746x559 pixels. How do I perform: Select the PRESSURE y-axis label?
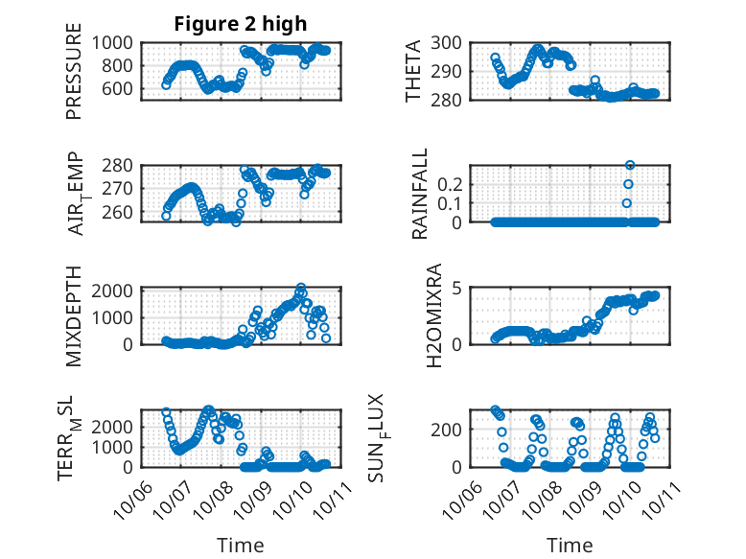[74, 78]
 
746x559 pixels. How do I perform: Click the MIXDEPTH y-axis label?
[74, 314]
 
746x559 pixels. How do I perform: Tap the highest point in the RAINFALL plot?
[630, 166]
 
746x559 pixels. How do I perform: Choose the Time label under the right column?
[570, 545]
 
